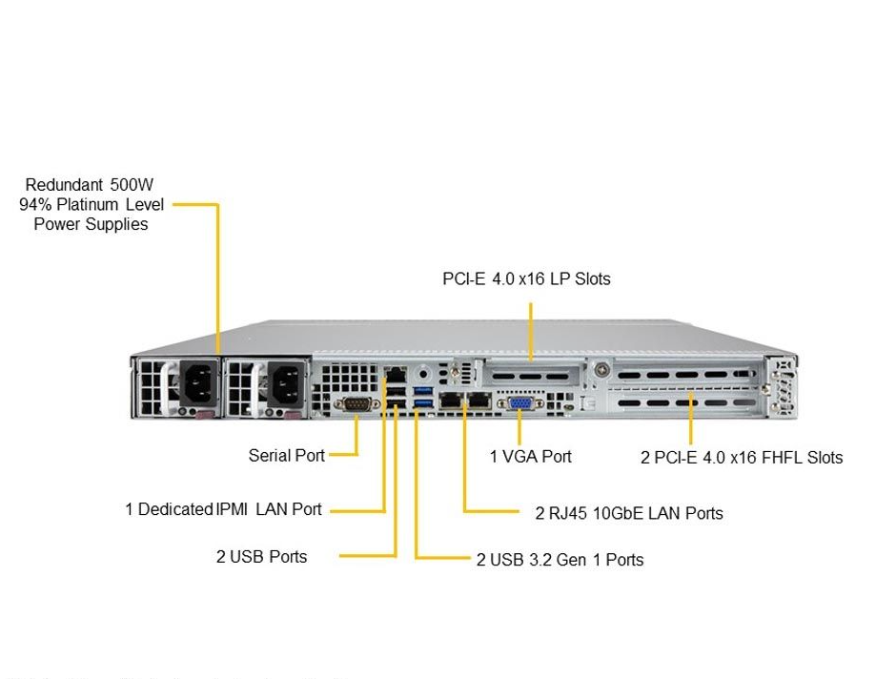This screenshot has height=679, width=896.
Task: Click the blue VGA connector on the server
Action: point(519,402)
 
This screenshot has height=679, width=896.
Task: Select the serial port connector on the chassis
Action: point(356,404)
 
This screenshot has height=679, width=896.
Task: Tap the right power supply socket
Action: point(284,384)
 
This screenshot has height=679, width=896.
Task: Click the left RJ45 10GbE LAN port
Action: point(448,401)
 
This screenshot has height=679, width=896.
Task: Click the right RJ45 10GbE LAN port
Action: point(478,401)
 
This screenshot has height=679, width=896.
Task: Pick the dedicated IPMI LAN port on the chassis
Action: point(395,374)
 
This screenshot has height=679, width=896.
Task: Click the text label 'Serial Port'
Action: point(286,455)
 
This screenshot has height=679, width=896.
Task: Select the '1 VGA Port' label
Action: point(530,456)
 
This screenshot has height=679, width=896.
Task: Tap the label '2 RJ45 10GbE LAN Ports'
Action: point(628,513)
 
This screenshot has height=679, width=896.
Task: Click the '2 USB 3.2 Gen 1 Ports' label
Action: point(560,560)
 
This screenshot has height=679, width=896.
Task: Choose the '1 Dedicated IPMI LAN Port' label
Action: point(223,509)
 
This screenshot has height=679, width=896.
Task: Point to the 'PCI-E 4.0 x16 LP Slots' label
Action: point(526,278)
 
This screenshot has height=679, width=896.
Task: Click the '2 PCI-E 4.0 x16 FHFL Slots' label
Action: point(741,457)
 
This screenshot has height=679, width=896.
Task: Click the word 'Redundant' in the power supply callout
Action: point(62,184)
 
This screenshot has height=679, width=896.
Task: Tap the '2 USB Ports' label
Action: point(261,556)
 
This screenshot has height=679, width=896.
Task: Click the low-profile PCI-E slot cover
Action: point(532,375)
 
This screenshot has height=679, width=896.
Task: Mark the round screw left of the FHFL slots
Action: point(601,370)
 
